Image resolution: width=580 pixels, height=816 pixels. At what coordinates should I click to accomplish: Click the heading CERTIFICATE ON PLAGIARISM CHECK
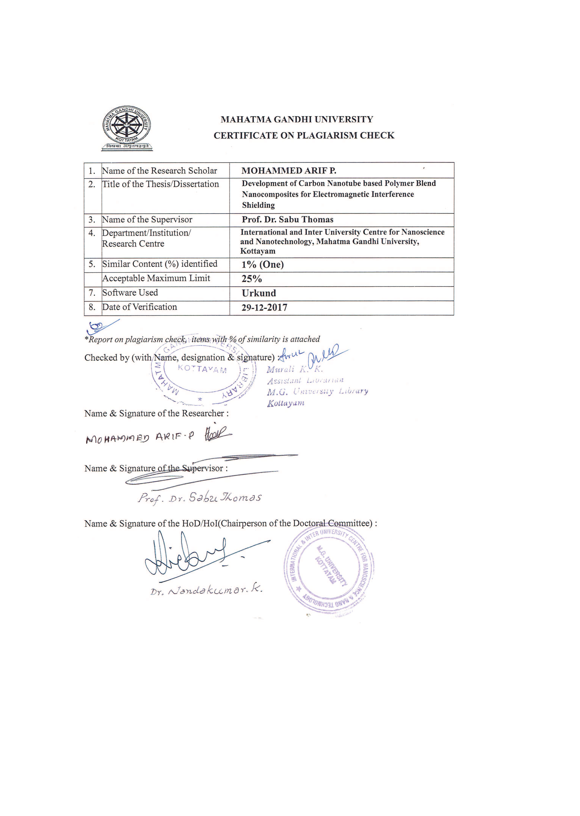(x=304, y=135)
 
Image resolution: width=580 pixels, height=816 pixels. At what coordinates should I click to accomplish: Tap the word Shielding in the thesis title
(x=258, y=205)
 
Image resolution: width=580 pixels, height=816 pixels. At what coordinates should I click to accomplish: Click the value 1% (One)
(x=263, y=265)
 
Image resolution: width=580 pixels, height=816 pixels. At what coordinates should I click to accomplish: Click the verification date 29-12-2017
(x=264, y=307)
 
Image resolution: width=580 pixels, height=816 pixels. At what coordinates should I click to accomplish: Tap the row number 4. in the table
(x=92, y=233)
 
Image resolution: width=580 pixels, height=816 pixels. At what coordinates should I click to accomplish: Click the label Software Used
(x=130, y=292)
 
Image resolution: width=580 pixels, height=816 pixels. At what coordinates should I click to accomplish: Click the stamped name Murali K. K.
(x=295, y=370)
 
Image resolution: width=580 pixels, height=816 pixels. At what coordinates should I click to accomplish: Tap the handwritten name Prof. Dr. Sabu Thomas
(x=199, y=497)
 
